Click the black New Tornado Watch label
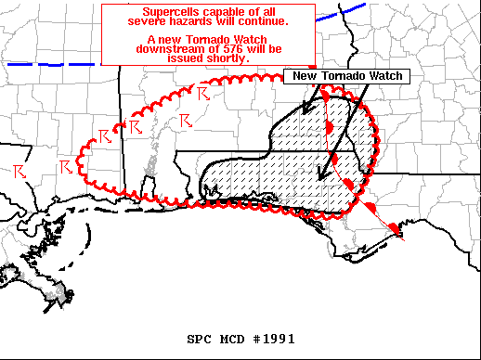tap(344, 77)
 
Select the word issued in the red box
tap(185, 58)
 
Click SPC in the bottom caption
tap(201, 339)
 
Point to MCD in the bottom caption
tap(232, 339)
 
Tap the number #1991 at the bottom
tap(273, 339)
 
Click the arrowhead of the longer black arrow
tap(321, 173)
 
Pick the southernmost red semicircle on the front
tap(393, 227)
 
